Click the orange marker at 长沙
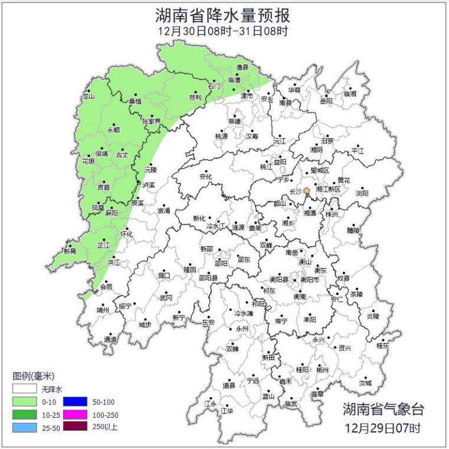pyautogui.click(x=306, y=191)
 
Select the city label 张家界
pyautogui.click(x=151, y=122)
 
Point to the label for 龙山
pyautogui.click(x=88, y=96)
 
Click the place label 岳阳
pyautogui.click(x=326, y=101)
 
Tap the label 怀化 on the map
pyautogui.click(x=126, y=234)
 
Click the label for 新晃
pyautogui.click(x=70, y=251)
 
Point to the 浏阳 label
pyautogui.click(x=362, y=193)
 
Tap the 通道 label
pyautogui.click(x=110, y=339)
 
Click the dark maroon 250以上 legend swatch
pyautogui.click(x=76, y=426)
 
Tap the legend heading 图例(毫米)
pyautogui.click(x=34, y=376)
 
